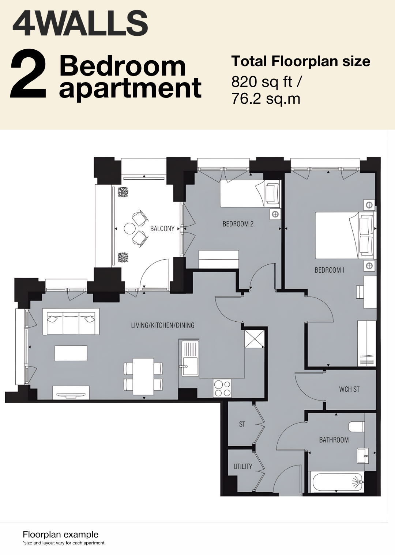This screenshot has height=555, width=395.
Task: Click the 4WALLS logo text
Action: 80,24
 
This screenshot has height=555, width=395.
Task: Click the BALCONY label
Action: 162,229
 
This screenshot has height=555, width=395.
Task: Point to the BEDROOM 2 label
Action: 238,224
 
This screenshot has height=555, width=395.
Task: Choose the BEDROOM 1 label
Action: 330,270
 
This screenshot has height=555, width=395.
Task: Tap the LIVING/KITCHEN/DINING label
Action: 163,325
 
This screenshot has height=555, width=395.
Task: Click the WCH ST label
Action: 349,389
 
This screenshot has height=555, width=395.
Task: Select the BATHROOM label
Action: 334,440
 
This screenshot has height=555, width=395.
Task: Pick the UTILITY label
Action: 242,467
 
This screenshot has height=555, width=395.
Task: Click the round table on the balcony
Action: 129,229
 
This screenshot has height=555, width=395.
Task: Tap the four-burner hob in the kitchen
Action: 222,388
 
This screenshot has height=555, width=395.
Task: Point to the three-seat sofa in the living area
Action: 71,322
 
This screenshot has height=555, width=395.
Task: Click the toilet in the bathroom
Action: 357,426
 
